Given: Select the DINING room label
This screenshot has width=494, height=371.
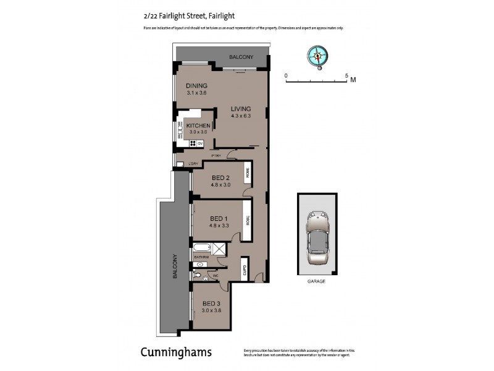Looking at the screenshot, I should pos(196,86).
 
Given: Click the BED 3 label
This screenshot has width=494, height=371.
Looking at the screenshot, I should pos(211,304).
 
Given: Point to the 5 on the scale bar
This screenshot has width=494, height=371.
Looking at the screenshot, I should pos(346,75).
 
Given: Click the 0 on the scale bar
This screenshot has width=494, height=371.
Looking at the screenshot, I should pos(286,75).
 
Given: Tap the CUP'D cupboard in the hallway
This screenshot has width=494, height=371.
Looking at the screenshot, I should pos(245,270).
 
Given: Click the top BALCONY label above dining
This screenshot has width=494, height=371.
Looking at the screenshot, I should pos(241,58).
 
